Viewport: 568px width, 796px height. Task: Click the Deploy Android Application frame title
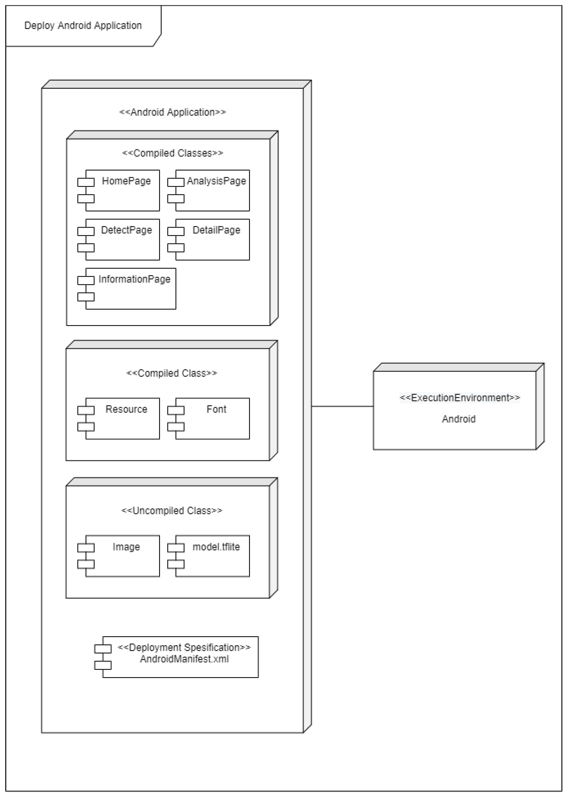pos(83,25)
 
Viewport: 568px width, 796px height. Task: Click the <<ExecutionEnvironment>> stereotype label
pos(460,398)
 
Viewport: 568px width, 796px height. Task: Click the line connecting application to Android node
pos(342,406)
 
